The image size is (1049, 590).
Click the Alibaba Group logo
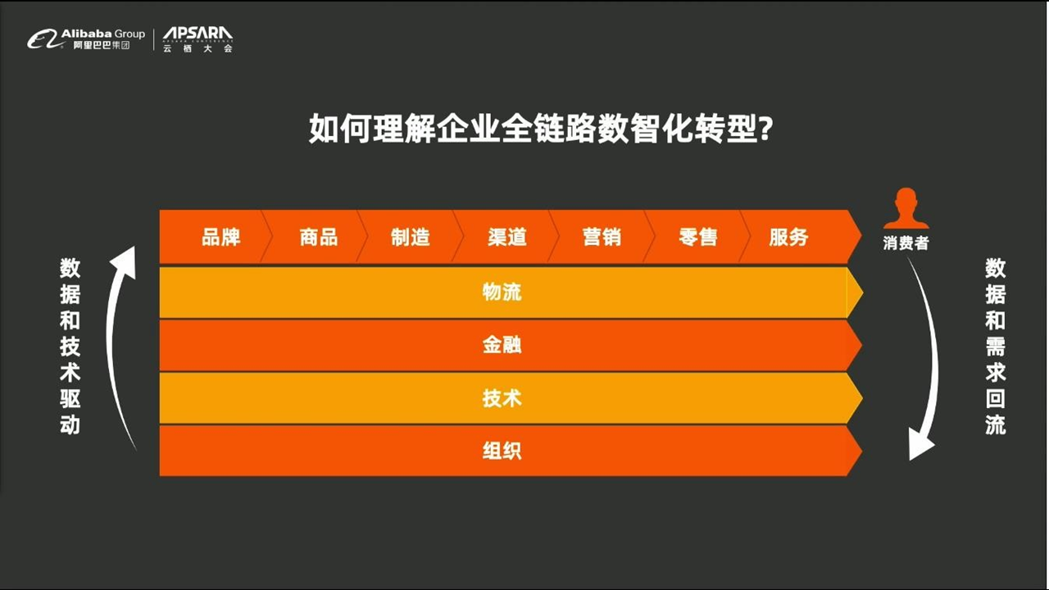pyautogui.click(x=86, y=39)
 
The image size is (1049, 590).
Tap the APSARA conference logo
pyautogui.click(x=198, y=39)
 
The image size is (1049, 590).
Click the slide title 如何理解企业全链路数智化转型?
pyautogui.click(x=541, y=129)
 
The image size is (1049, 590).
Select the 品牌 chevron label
pyautogui.click(x=221, y=237)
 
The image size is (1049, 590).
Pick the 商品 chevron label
pyautogui.click(x=319, y=237)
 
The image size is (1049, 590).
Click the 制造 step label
pyautogui.click(x=411, y=237)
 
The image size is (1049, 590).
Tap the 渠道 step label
pyautogui.click(x=507, y=237)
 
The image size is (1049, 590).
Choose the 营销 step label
pyautogui.click(x=602, y=237)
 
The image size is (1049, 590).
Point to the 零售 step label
pyautogui.click(x=697, y=237)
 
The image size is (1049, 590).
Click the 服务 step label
pyautogui.click(x=788, y=237)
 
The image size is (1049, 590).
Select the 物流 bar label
pyautogui.click(x=502, y=293)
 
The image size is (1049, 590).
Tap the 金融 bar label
pyautogui.click(x=502, y=345)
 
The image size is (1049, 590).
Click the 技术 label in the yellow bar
pyautogui.click(x=502, y=398)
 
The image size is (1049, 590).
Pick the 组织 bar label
pyautogui.click(x=502, y=451)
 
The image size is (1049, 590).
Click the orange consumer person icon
pyautogui.click(x=906, y=209)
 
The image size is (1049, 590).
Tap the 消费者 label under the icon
pyautogui.click(x=906, y=243)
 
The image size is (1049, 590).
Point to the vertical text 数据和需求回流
pyautogui.click(x=995, y=347)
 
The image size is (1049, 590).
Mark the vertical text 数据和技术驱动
pyautogui.click(x=70, y=347)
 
